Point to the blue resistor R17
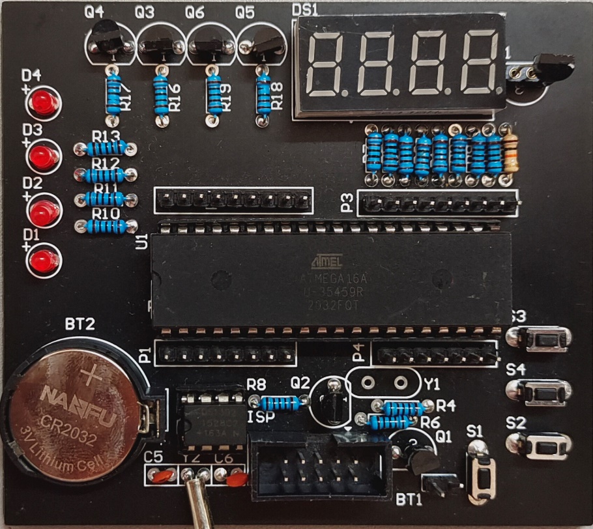pos(114,94)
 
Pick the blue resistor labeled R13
pos(106,149)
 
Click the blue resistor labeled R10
pos(106,226)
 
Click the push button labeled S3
pos(540,339)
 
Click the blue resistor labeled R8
pos(280,403)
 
